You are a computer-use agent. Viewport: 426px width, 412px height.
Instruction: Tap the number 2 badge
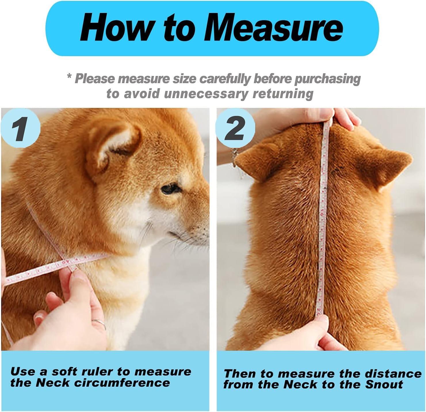(x=235, y=128)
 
